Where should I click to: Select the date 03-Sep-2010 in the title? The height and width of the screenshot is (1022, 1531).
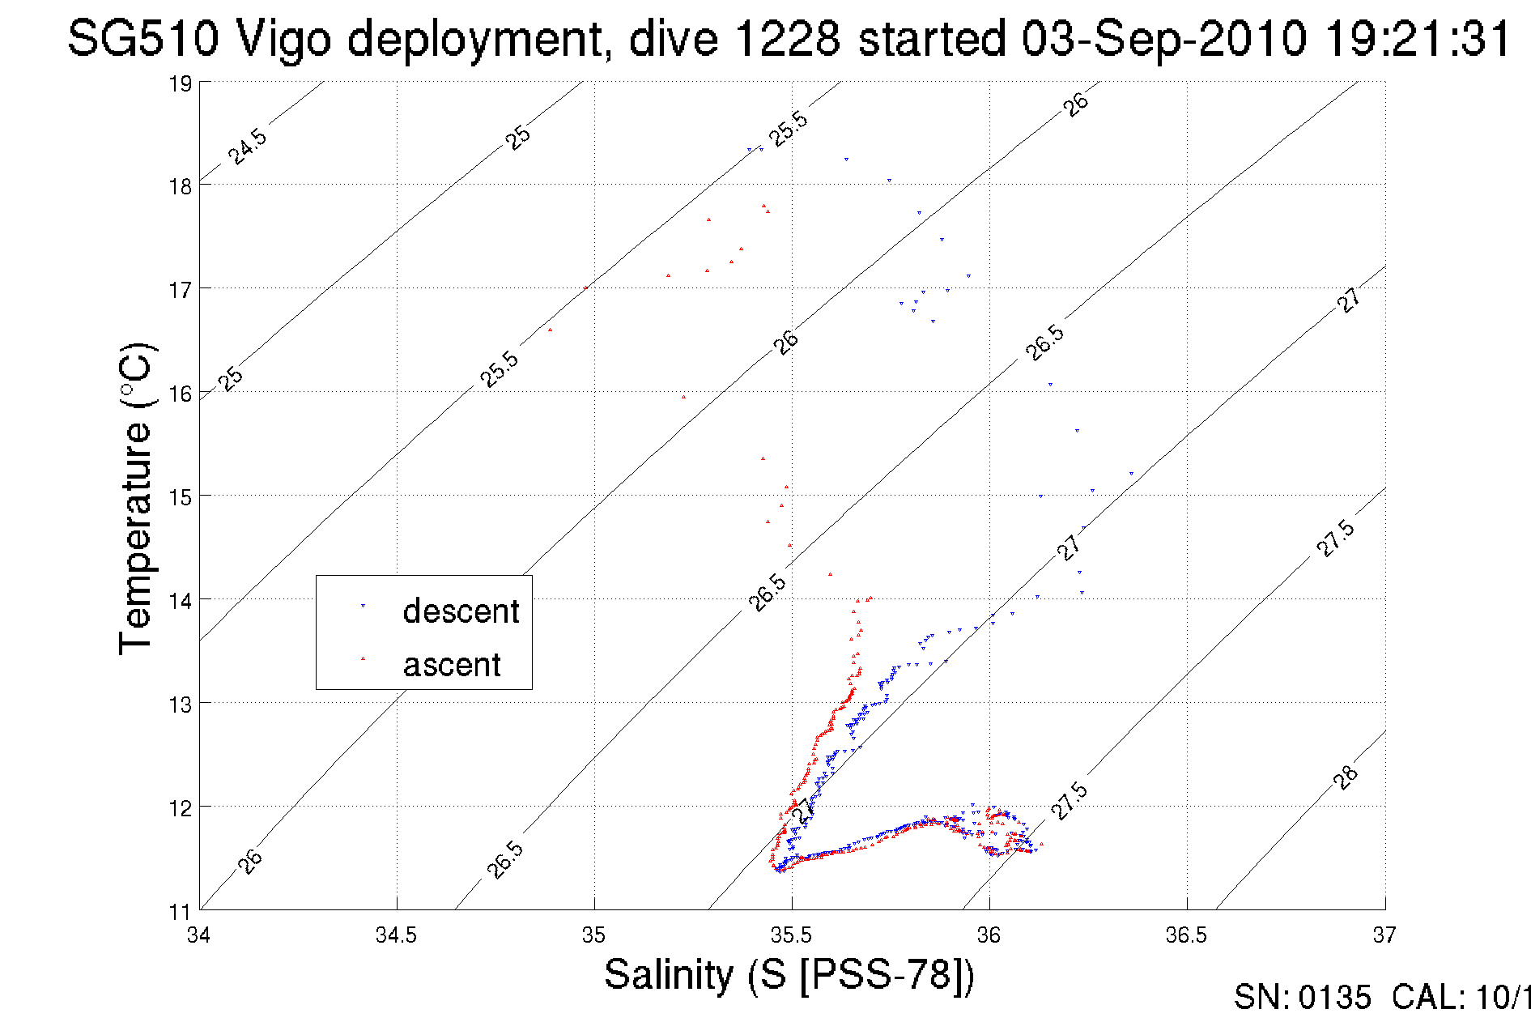(x=1163, y=38)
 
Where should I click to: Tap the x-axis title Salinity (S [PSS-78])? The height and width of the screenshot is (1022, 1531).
(x=789, y=974)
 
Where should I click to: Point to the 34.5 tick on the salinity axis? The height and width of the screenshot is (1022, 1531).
(x=396, y=936)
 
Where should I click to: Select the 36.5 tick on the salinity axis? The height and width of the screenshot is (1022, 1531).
(x=1186, y=936)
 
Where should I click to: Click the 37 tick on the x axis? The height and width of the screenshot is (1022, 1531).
(x=1384, y=936)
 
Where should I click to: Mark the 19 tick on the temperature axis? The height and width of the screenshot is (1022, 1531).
(x=180, y=83)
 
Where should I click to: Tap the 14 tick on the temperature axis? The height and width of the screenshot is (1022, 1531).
(x=180, y=600)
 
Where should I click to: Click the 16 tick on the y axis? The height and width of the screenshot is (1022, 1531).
(x=180, y=394)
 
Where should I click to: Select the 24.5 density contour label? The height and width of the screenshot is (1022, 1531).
(x=247, y=147)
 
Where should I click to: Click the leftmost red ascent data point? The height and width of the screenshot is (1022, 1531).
(x=551, y=330)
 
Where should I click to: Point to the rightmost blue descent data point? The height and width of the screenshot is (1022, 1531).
(x=1131, y=474)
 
